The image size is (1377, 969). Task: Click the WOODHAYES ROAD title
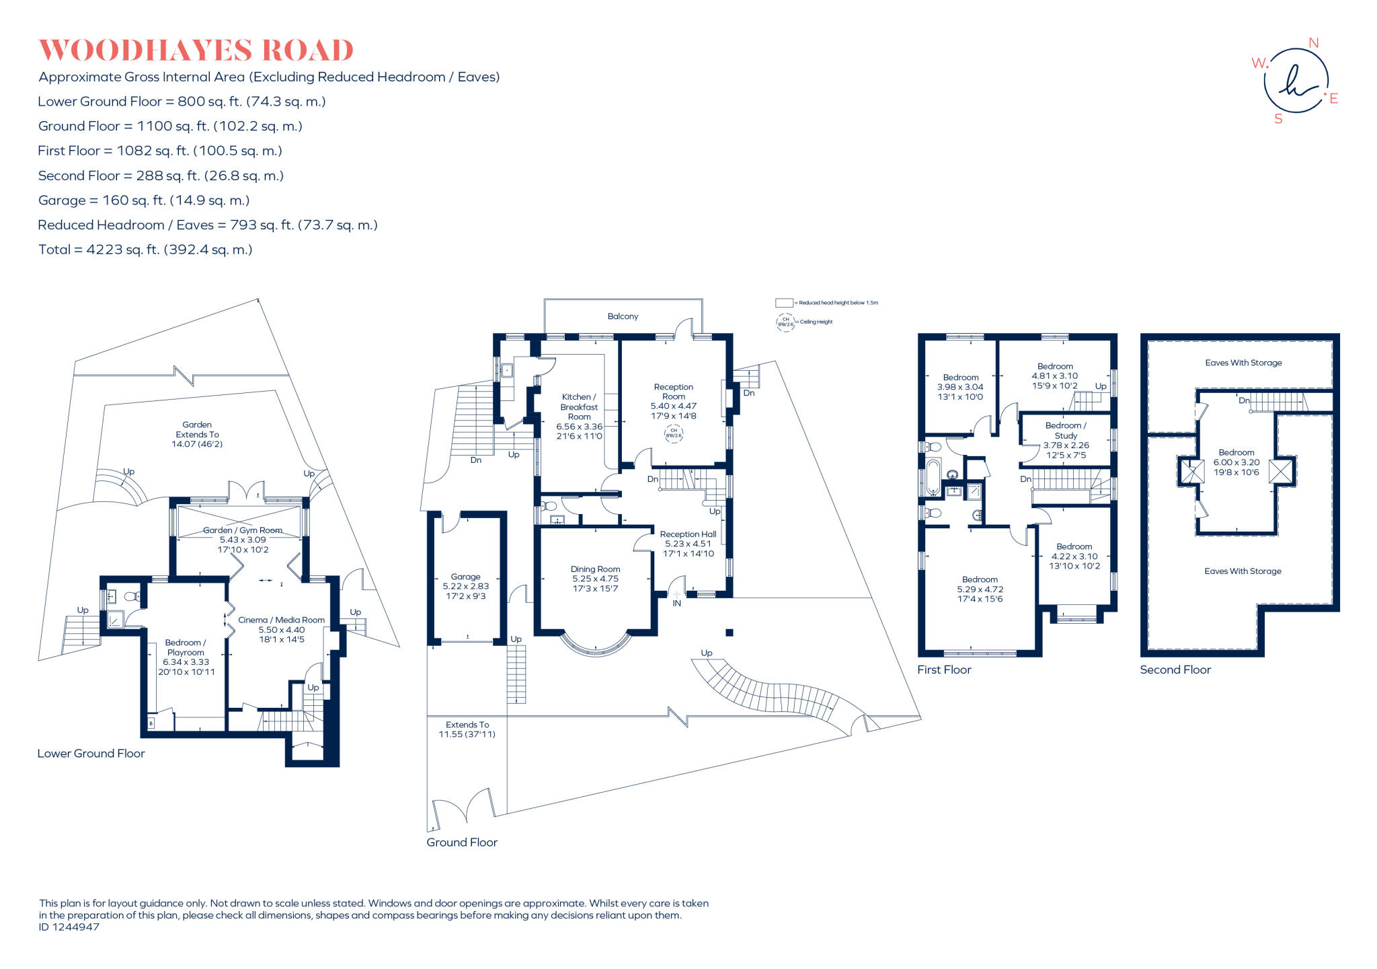[196, 50]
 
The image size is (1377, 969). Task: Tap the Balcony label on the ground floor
[623, 316]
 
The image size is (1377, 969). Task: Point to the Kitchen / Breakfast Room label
[579, 406]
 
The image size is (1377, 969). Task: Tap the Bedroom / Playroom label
[186, 647]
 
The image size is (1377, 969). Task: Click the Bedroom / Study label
[1066, 430]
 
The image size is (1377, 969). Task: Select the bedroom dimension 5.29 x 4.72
[980, 589]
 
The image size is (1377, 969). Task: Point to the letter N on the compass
[1313, 43]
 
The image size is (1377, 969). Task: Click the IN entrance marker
[676, 604]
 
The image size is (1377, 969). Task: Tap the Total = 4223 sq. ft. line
[145, 250]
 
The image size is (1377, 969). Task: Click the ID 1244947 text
[69, 927]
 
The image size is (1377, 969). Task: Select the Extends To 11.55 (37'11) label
[467, 729]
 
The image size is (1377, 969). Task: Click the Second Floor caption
[1175, 670]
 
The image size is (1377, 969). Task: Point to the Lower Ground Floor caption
[91, 754]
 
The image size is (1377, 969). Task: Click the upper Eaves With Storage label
[1243, 363]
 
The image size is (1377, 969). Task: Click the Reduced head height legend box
[784, 303]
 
